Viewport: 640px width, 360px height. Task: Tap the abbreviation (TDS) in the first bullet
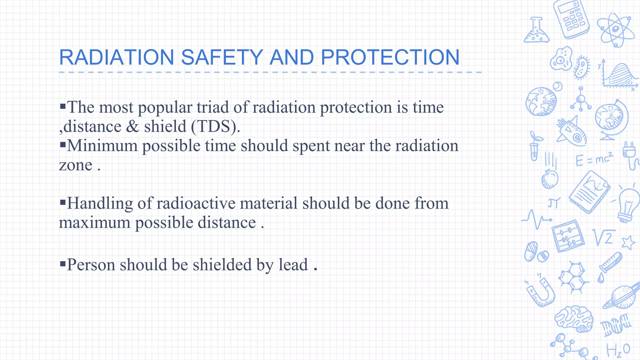click(215, 127)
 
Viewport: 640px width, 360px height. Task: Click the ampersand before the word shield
click(132, 127)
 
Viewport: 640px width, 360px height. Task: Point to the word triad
click(212, 107)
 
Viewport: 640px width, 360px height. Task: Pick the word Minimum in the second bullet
click(102, 146)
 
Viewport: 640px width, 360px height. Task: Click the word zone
click(76, 165)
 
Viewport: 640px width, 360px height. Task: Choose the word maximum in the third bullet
click(95, 222)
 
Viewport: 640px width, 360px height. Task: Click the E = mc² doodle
click(594, 159)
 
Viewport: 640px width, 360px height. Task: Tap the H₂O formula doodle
click(618, 350)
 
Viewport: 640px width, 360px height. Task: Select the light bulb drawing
click(628, 204)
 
